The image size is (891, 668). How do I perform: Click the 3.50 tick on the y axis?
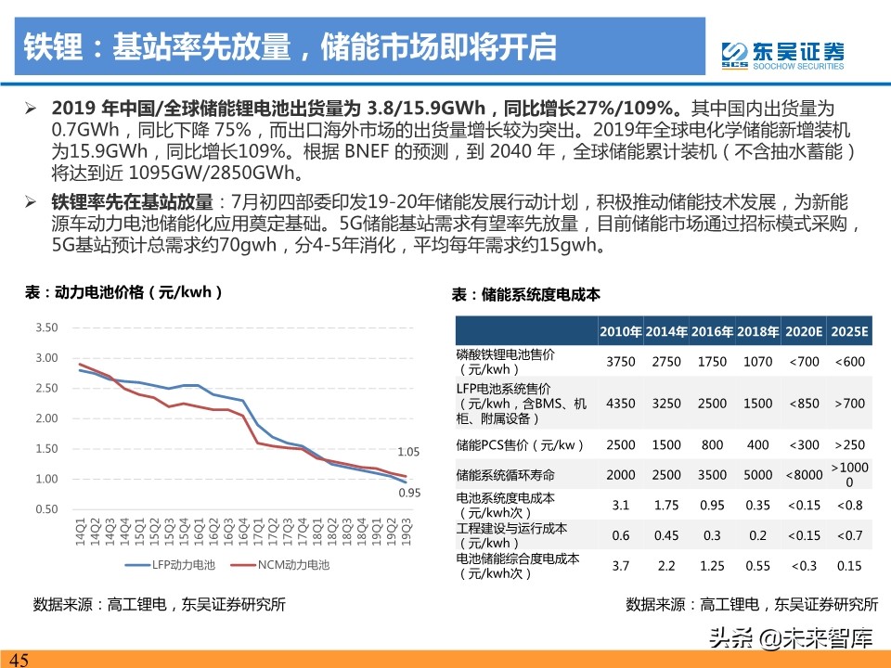click(x=46, y=328)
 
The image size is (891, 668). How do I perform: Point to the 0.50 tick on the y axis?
click(x=46, y=509)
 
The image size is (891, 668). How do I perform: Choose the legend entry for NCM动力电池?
click(x=289, y=564)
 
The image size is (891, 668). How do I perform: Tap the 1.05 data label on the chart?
click(x=409, y=452)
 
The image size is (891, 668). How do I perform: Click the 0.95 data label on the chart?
click(x=409, y=493)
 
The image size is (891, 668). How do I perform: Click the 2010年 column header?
click(x=620, y=331)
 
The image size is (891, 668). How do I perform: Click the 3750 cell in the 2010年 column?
click(x=620, y=362)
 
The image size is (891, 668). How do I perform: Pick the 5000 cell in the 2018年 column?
click(x=757, y=474)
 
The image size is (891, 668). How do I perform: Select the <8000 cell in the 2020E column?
click(x=803, y=474)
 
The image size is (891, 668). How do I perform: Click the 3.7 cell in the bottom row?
click(x=620, y=565)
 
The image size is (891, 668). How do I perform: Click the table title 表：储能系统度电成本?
click(x=525, y=294)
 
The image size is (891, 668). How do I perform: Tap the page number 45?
click(x=19, y=659)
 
